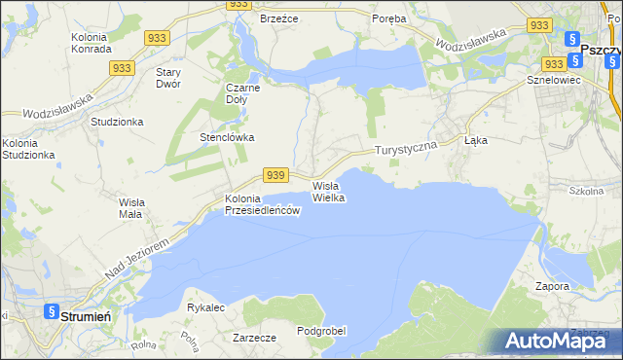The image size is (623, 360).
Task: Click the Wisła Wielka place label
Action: click(x=329, y=191)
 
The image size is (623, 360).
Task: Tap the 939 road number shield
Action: click(x=275, y=175)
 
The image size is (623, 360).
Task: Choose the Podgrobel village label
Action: click(x=321, y=331)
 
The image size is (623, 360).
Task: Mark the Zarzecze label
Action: click(x=255, y=338)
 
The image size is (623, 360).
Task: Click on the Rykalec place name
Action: click(x=205, y=307)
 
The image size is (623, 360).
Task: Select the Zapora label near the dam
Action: click(x=552, y=287)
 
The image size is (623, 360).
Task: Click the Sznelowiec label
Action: click(x=553, y=80)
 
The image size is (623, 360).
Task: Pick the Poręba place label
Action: click(x=389, y=18)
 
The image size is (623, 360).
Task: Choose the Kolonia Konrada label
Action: click(x=94, y=43)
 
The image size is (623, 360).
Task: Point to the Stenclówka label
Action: click(x=227, y=137)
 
